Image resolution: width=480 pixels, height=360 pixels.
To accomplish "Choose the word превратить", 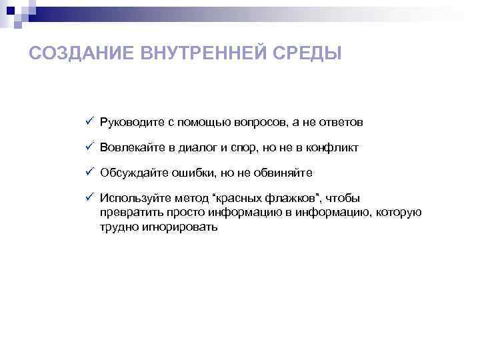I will click(129, 213).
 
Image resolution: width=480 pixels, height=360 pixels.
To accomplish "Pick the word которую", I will click(399, 213).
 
